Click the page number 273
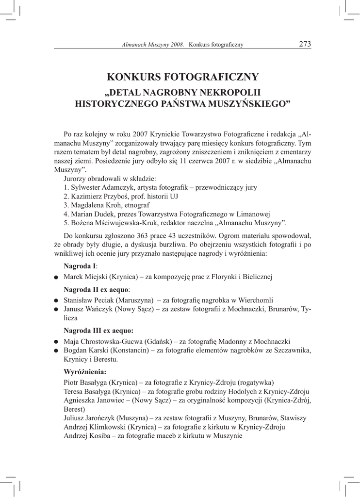(x=305, y=44)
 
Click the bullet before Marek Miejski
(x=56, y=278)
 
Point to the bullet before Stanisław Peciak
(x=56, y=300)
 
